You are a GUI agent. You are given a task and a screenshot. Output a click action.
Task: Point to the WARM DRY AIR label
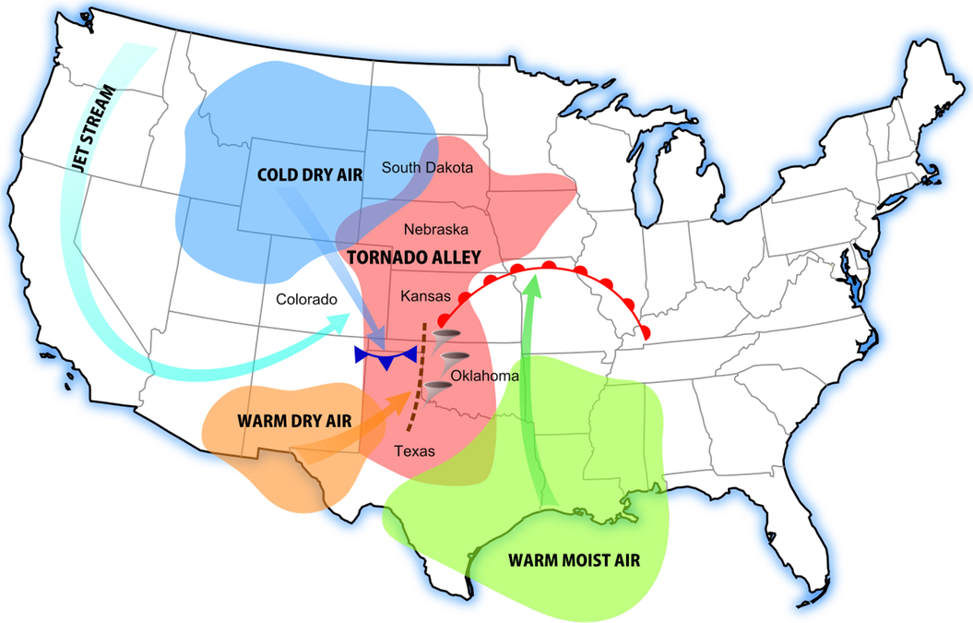click(294, 420)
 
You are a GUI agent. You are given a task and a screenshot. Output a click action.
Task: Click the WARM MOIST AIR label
click(574, 559)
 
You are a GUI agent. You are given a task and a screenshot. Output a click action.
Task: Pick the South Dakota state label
click(427, 168)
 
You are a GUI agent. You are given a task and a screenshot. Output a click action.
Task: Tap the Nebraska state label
click(436, 229)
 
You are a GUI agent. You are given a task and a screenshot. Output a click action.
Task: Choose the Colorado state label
click(306, 300)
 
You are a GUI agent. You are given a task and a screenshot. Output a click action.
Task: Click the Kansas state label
click(425, 296)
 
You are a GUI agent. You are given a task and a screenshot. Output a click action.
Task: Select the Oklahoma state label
click(484, 376)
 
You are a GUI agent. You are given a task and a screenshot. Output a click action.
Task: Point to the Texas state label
click(414, 451)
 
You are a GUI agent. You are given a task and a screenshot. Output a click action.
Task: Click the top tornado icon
click(446, 337)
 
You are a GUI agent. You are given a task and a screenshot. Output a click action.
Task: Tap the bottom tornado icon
click(440, 389)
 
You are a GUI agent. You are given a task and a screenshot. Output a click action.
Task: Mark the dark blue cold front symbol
click(386, 355)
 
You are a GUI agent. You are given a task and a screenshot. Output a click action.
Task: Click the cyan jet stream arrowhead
click(341, 319)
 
